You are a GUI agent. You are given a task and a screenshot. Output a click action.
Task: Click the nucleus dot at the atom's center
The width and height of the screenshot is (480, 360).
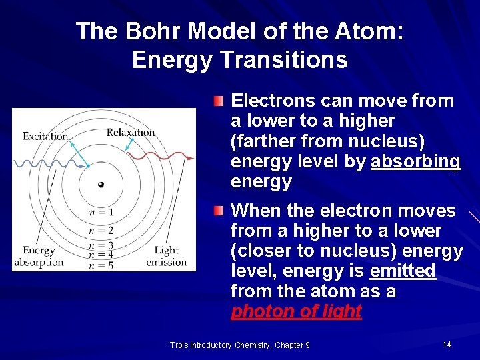pyautogui.click(x=101, y=185)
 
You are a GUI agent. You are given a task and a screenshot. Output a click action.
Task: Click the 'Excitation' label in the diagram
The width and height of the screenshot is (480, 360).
pyautogui.click(x=45, y=136)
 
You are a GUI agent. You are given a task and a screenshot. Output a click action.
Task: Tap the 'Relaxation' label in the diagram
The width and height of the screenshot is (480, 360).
pyautogui.click(x=130, y=132)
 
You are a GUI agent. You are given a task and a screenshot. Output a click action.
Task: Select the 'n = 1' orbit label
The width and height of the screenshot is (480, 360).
pyautogui.click(x=101, y=212)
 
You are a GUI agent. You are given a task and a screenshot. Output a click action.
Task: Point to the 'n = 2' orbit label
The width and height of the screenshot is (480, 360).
pyautogui.click(x=101, y=231)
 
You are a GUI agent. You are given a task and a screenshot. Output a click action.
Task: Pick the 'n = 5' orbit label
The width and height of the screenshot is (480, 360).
pyautogui.click(x=101, y=265)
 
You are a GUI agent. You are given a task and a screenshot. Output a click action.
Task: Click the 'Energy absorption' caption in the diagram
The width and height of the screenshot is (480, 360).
pyautogui.click(x=39, y=257)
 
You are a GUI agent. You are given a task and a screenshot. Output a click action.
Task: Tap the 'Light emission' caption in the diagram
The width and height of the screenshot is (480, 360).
pyautogui.click(x=166, y=256)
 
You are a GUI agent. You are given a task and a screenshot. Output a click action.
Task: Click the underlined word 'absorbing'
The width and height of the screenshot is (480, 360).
pyautogui.click(x=415, y=161)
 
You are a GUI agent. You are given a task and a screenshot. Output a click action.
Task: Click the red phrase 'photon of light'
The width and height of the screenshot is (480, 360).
pyautogui.click(x=296, y=311)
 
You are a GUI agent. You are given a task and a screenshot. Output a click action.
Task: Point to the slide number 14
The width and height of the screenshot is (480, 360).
pyautogui.click(x=446, y=344)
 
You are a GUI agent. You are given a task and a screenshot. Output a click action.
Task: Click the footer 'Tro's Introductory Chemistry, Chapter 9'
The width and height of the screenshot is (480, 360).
pyautogui.click(x=240, y=345)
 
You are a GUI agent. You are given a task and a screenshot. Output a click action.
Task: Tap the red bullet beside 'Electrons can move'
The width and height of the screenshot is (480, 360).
pyautogui.click(x=219, y=101)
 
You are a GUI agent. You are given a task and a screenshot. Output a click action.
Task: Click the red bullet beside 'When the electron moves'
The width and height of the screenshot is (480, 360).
pyautogui.click(x=219, y=211)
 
